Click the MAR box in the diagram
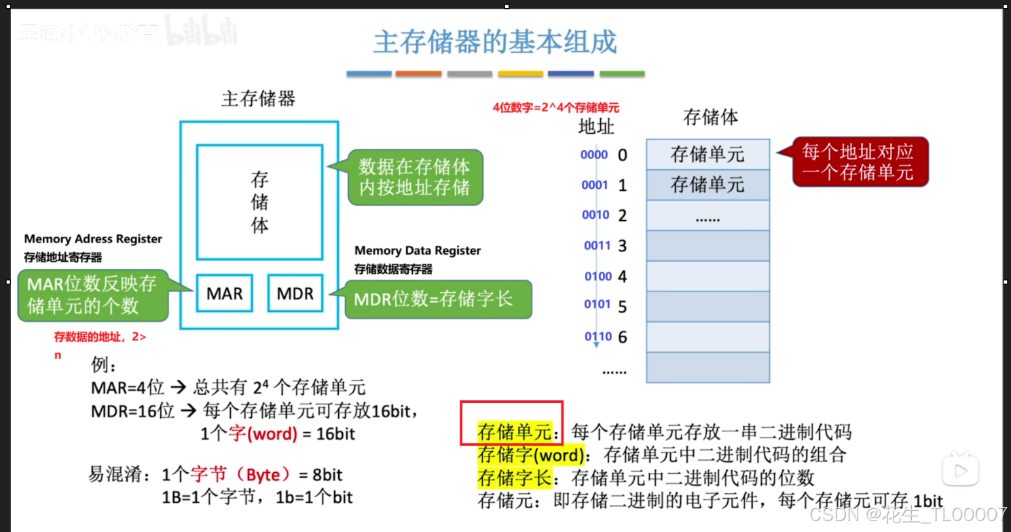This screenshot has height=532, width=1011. (224, 294)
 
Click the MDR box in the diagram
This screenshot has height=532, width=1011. (295, 294)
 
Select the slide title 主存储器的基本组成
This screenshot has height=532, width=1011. (495, 43)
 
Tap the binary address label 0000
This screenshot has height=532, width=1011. (594, 155)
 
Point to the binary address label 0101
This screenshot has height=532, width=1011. (598, 304)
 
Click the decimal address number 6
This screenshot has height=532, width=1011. (622, 337)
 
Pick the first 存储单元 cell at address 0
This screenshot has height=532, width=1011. (707, 154)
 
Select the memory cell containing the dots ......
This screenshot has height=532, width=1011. (707, 216)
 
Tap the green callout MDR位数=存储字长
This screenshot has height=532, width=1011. (438, 299)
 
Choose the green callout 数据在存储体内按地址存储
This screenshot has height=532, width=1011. (414, 177)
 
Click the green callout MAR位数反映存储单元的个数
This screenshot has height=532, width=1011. (92, 295)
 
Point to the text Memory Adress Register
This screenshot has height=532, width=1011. (93, 239)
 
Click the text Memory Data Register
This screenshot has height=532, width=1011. (418, 251)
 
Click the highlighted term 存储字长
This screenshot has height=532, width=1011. (514, 478)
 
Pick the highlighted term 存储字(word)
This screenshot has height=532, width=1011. (531, 455)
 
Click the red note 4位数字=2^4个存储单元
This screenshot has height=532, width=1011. (556, 108)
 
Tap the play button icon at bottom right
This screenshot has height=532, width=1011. (960, 471)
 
